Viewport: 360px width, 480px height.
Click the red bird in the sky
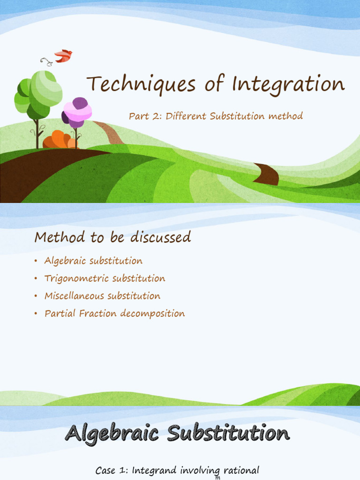(63, 56)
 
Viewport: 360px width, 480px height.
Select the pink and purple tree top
(77, 112)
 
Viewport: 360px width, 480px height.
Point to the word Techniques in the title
(134, 84)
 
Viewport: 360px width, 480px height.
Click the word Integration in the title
(288, 84)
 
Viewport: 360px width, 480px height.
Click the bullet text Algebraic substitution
(93, 261)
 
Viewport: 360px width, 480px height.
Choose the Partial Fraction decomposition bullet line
(114, 314)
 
